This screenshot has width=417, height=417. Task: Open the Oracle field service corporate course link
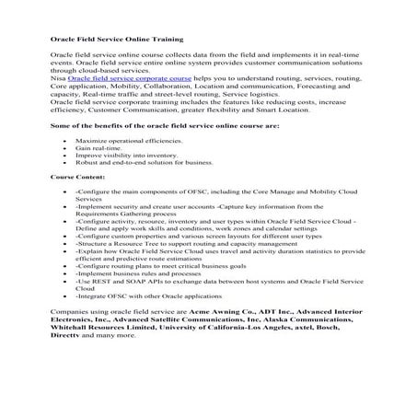(x=129, y=80)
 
